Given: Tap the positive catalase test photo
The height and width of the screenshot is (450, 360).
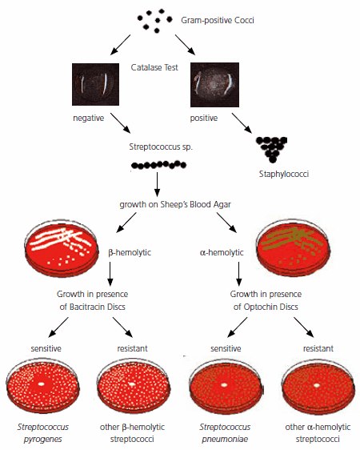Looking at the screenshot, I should click(214, 85).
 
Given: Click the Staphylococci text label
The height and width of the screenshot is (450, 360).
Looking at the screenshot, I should click(283, 174).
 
